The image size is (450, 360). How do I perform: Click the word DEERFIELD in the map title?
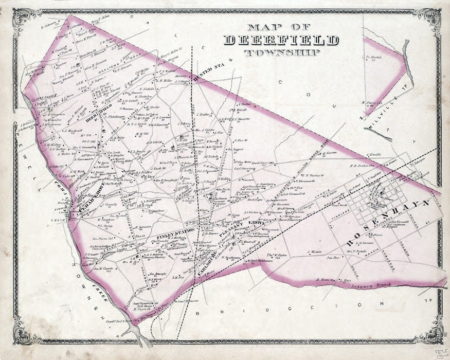point(281,40)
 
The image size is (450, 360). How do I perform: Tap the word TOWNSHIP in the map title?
point(281,52)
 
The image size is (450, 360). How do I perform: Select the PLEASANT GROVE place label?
point(236,226)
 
